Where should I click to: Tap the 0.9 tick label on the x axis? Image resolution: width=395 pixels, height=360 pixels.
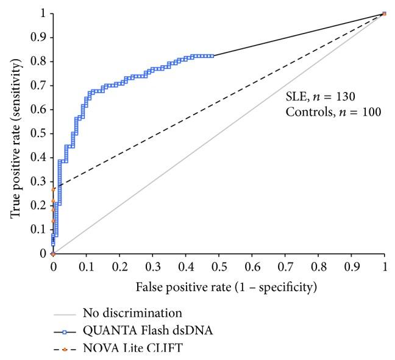pyautogui.click(x=351, y=266)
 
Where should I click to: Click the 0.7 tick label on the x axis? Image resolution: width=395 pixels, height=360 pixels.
pyautogui.click(x=285, y=266)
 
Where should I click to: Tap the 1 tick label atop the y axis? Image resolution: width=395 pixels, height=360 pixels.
pyautogui.click(x=43, y=13)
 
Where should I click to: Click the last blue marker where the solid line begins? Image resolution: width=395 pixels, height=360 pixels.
pyautogui.click(x=212, y=56)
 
